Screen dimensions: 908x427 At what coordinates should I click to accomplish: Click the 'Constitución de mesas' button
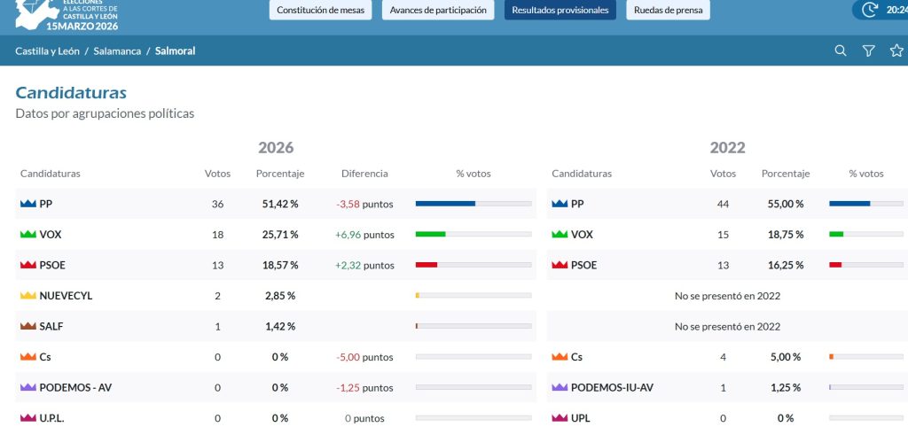point(320,10)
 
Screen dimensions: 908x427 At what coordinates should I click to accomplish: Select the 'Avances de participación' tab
point(438,10)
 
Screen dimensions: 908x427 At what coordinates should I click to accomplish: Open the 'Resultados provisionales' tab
point(560,10)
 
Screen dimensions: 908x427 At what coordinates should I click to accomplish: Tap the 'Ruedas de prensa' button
point(668,10)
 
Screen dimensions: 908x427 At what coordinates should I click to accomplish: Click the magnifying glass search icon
point(841,50)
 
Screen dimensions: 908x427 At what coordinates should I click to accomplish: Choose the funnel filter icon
point(869,50)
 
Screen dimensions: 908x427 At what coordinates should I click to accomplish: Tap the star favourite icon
point(896,50)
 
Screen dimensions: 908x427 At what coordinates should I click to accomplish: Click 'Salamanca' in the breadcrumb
point(117,50)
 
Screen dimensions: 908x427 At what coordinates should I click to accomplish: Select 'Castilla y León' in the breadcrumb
point(48,50)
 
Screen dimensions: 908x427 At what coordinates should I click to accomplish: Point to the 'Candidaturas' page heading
point(71,92)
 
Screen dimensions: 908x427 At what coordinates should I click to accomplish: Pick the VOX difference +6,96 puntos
point(364,235)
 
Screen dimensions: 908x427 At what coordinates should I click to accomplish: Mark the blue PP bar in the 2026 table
point(445,204)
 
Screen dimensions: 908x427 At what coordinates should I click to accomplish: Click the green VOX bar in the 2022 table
point(836,235)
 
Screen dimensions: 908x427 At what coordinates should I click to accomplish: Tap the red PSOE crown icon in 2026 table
point(28,265)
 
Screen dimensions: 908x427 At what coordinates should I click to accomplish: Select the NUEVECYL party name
point(66,296)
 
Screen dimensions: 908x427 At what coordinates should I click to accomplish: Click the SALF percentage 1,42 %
point(280,326)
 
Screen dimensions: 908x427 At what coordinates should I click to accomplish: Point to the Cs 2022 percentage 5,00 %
point(786,357)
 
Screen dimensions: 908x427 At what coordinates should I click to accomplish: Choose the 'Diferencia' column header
point(364,174)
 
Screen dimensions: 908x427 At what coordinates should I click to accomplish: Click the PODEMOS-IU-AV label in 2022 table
point(612,388)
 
